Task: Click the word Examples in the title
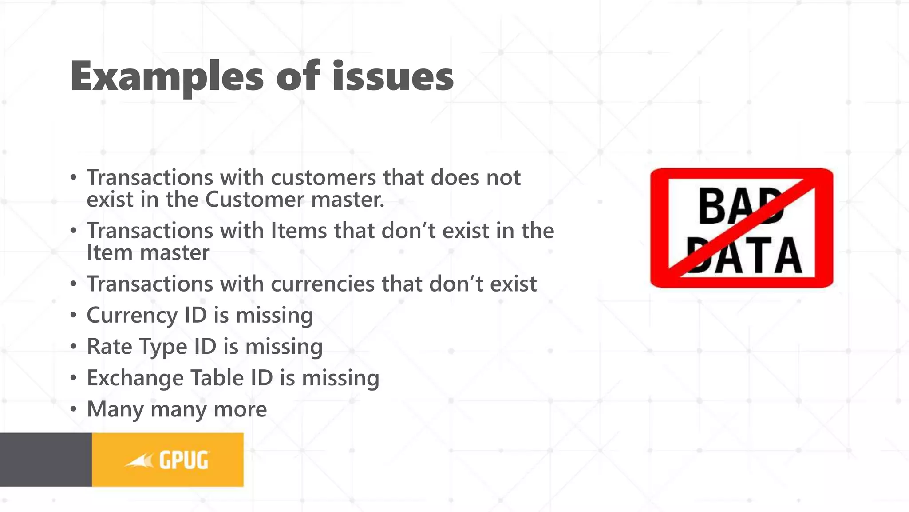click(x=167, y=76)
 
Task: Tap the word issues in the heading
click(x=393, y=76)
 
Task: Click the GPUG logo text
click(x=184, y=460)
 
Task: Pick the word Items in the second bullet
click(x=299, y=231)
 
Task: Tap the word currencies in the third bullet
click(x=322, y=284)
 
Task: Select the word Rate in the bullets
click(x=109, y=346)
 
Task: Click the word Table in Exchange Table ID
click(x=217, y=378)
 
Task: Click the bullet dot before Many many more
click(x=74, y=409)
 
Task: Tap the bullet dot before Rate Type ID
click(x=74, y=346)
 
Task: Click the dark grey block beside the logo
click(x=46, y=460)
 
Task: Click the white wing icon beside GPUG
click(x=140, y=461)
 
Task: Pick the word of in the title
click(x=297, y=76)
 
